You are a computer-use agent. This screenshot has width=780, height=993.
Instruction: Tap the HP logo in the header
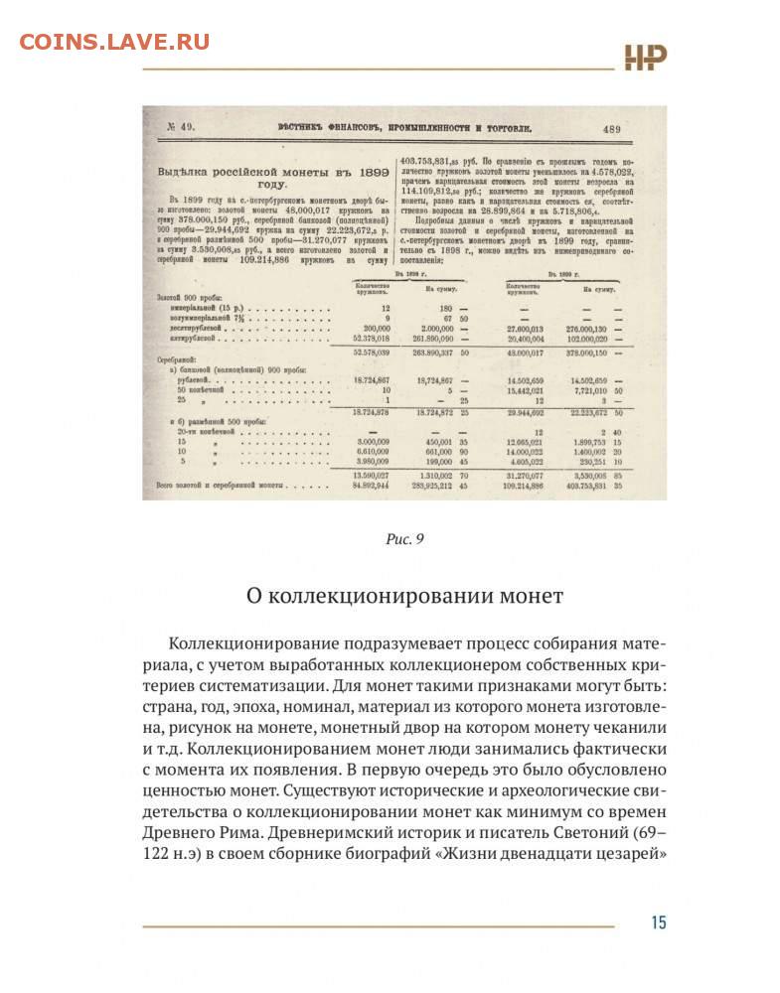pyautogui.click(x=645, y=58)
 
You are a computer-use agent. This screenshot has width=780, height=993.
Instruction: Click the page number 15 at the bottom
pyautogui.click(x=658, y=922)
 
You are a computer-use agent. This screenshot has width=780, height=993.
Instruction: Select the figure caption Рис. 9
pyautogui.click(x=404, y=539)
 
